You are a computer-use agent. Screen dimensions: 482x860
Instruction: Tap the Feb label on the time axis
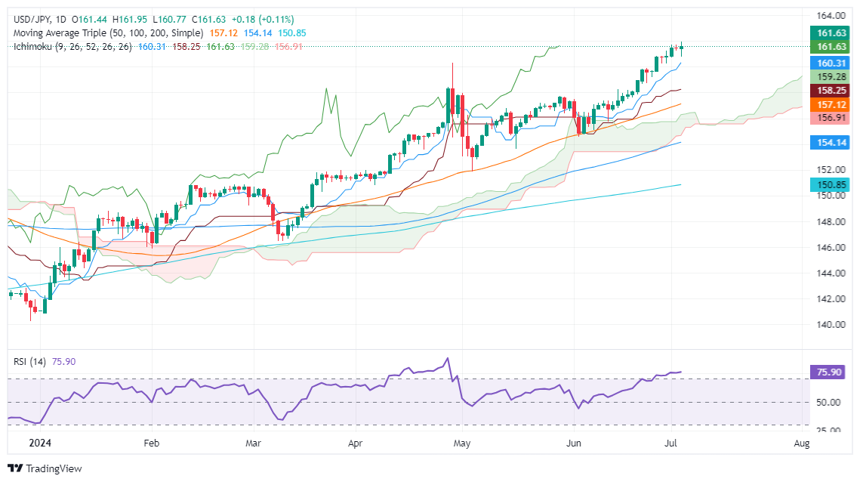[151, 443]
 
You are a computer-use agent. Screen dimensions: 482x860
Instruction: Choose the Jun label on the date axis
[575, 443]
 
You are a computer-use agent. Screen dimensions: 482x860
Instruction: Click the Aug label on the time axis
[802, 443]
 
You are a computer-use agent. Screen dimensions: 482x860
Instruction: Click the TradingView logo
[45, 468]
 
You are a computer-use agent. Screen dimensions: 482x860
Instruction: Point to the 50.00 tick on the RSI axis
[830, 402]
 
